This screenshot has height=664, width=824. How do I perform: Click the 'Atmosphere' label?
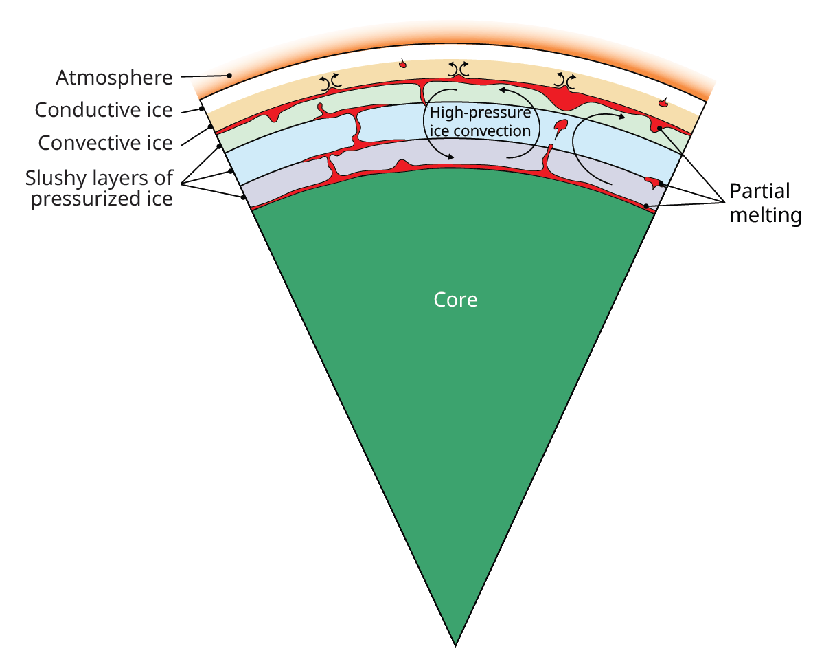tap(114, 78)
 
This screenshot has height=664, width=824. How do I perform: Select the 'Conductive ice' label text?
tap(104, 110)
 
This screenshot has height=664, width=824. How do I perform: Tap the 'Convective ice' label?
tap(105, 143)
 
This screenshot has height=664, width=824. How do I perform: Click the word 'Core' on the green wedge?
tap(455, 300)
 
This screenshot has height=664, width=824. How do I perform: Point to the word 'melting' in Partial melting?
tap(765, 215)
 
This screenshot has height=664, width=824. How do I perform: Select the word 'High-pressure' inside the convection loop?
tap(480, 113)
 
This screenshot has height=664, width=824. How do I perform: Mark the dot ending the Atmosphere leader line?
tap(230, 75)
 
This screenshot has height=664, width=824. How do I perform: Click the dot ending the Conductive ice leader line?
tap(201, 108)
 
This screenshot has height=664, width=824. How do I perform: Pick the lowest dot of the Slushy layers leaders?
tap(244, 198)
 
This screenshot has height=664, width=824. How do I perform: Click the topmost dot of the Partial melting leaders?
tap(659, 128)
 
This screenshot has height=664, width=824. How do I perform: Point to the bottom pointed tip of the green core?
tap(455, 645)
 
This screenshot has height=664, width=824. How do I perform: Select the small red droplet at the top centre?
tap(403, 65)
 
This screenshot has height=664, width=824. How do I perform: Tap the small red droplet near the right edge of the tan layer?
tap(663, 103)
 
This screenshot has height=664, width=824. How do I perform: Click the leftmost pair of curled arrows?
tap(332, 82)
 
